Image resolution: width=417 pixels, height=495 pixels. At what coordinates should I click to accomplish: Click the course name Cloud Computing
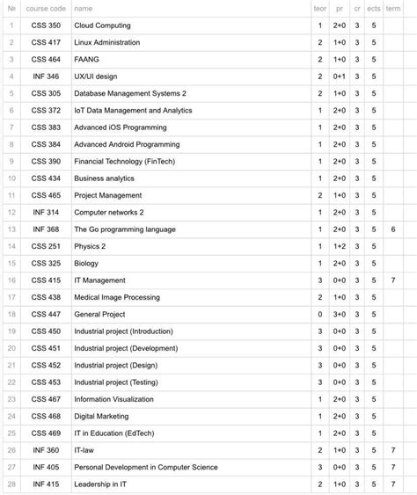pyautogui.click(x=101, y=25)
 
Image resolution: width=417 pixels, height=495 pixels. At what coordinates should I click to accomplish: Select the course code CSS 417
pyautogui.click(x=46, y=42)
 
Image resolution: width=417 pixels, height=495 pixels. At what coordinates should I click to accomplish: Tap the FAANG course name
pyautogui.click(x=88, y=59)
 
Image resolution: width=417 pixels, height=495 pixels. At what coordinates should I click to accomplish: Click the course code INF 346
pyautogui.click(x=46, y=76)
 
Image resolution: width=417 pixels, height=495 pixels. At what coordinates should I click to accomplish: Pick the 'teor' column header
pyautogui.click(x=319, y=8)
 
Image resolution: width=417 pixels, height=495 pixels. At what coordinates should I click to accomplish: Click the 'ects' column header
pyautogui.click(x=374, y=8)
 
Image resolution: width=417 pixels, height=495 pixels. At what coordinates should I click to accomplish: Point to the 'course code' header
pyautogui.click(x=46, y=8)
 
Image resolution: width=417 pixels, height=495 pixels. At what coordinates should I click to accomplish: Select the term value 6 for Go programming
pyautogui.click(x=393, y=229)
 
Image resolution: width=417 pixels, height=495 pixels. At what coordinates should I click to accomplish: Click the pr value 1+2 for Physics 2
pyautogui.click(x=339, y=246)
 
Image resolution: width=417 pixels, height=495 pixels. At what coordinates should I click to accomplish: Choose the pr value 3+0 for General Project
pyautogui.click(x=339, y=314)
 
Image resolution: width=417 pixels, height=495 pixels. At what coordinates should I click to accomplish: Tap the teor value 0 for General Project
pyautogui.click(x=319, y=314)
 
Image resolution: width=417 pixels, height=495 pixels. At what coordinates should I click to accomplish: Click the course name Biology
pyautogui.click(x=86, y=263)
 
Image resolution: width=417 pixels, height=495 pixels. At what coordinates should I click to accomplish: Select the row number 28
pyautogui.click(x=11, y=484)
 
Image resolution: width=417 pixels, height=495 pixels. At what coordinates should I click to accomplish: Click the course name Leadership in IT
pyautogui.click(x=100, y=484)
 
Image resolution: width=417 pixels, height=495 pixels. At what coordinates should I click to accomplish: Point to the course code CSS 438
pyautogui.click(x=46, y=297)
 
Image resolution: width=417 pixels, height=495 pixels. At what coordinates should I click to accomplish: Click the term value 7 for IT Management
pyautogui.click(x=393, y=280)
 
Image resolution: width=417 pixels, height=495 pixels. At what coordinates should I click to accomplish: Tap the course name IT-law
pyautogui.click(x=86, y=450)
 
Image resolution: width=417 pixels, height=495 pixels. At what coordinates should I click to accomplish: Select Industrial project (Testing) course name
pyautogui.click(x=116, y=382)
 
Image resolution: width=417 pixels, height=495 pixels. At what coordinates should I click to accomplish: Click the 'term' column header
pyautogui.click(x=393, y=8)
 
